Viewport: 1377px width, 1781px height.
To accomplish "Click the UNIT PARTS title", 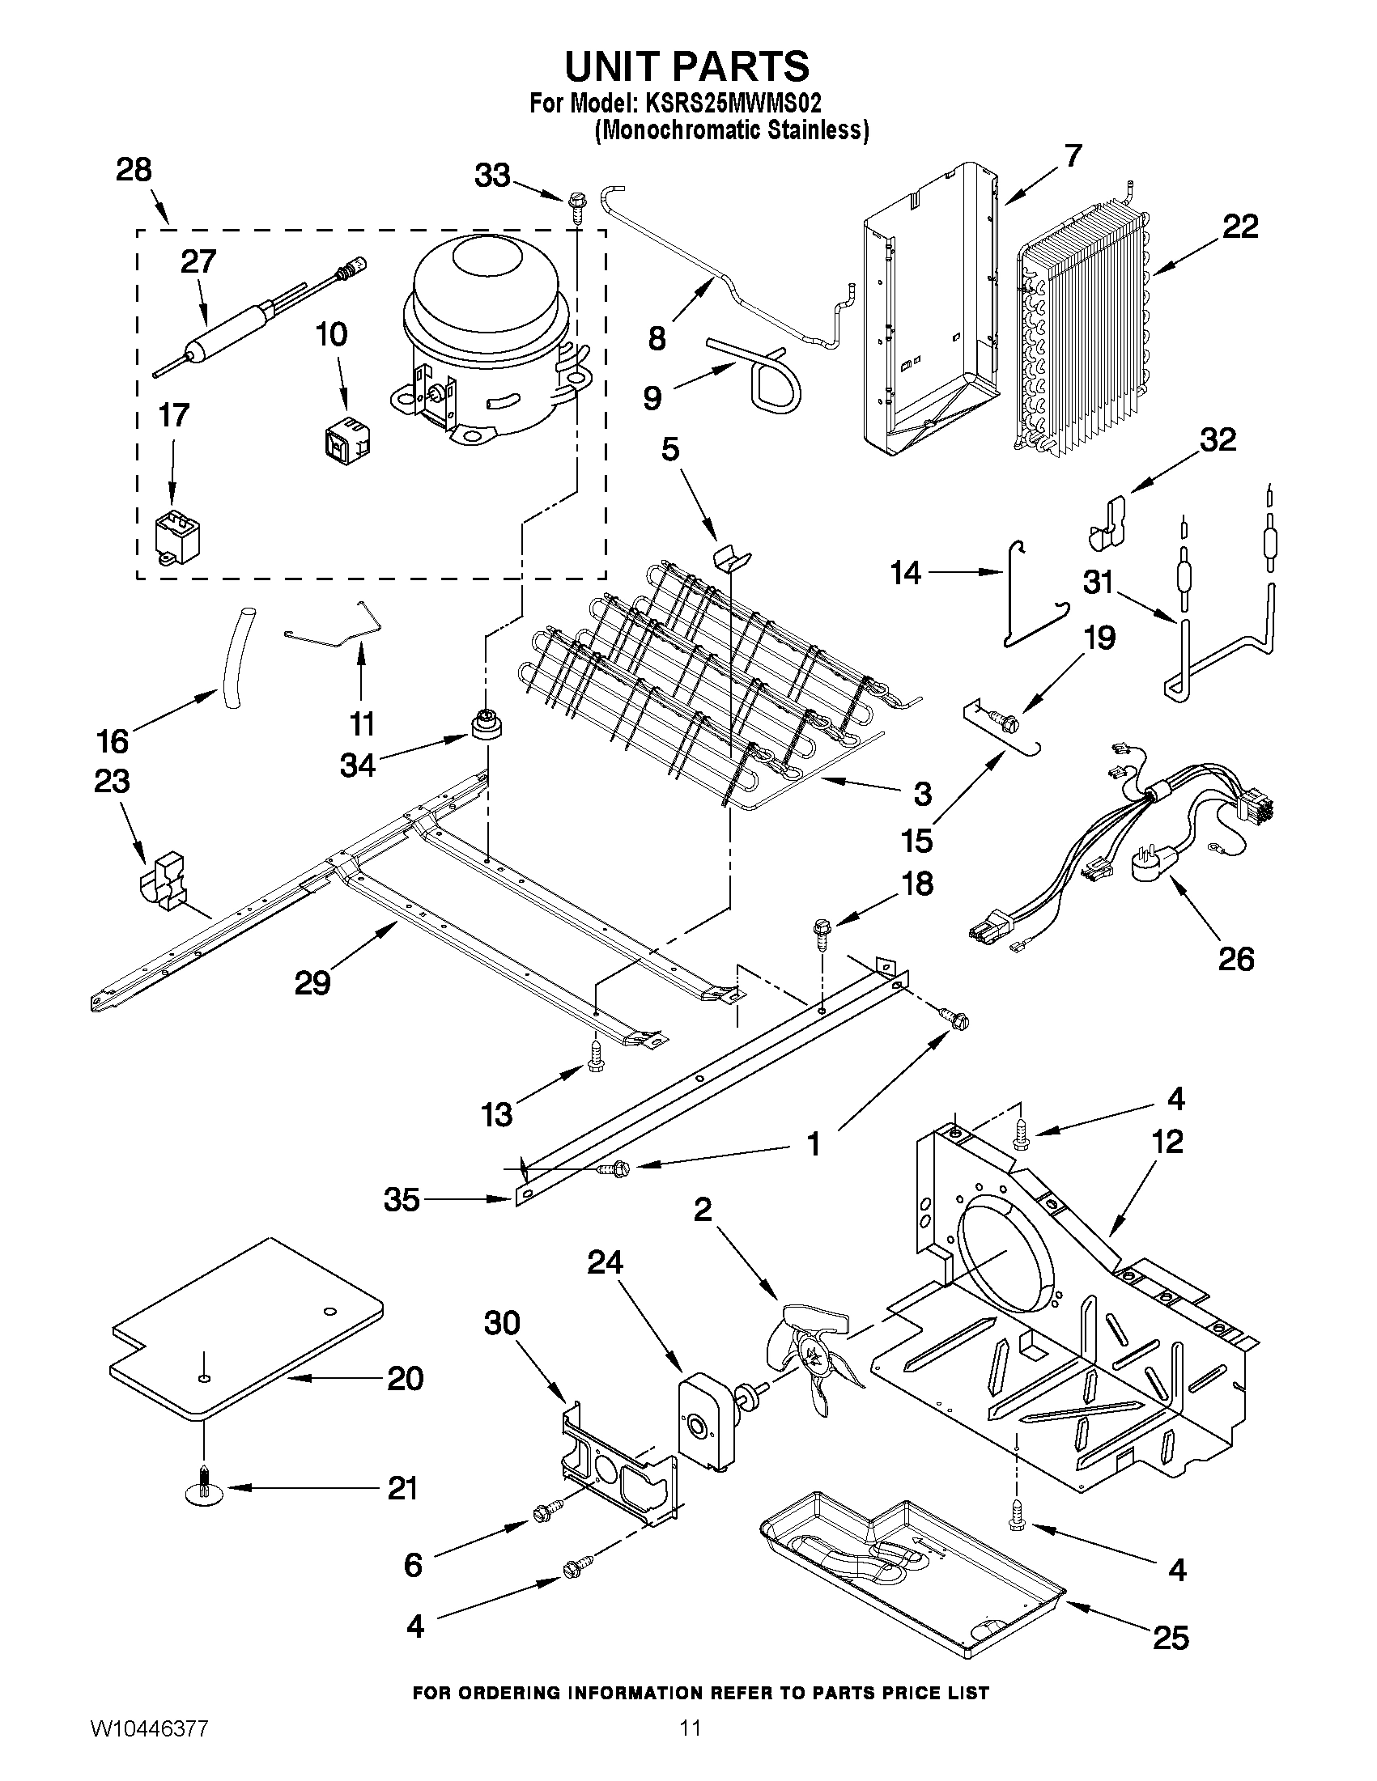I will pos(686,66).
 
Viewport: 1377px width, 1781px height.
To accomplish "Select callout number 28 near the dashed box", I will pos(134,171).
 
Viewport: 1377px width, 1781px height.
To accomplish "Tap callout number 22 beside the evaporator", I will pos(1239,227).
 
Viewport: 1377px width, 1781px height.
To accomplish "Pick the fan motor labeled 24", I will pos(706,1420).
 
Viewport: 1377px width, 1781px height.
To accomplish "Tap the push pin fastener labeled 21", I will pos(205,1489).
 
